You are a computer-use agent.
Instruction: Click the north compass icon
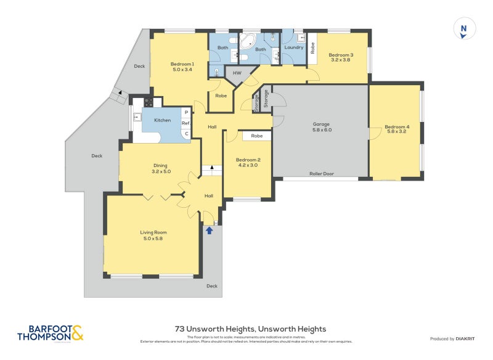(x=464, y=29)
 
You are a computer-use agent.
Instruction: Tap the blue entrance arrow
(x=209, y=231)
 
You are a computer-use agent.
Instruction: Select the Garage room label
(x=322, y=127)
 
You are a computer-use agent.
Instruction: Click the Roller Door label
(x=322, y=174)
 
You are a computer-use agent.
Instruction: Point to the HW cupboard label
(x=237, y=73)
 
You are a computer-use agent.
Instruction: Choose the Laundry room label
(x=294, y=47)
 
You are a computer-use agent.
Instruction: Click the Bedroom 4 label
(x=396, y=130)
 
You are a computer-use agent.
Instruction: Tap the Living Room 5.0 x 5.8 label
(x=155, y=235)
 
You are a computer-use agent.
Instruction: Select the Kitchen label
(x=162, y=120)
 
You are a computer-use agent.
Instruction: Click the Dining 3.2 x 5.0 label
(x=161, y=168)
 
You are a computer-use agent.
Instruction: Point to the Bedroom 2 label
(x=248, y=162)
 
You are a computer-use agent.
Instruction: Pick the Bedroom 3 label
(x=340, y=57)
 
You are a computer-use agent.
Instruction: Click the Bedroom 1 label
(x=182, y=67)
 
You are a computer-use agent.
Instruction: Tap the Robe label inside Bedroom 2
(x=257, y=136)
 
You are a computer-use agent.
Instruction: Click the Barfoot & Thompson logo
(x=50, y=333)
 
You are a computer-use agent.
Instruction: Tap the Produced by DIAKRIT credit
(x=450, y=338)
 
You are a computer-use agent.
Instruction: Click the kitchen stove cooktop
(x=149, y=102)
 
